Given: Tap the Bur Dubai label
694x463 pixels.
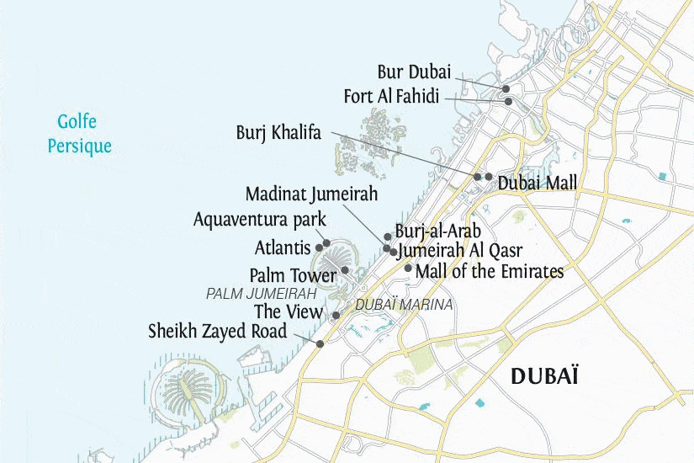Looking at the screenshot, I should (x=414, y=72).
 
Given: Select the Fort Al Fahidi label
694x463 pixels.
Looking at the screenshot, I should (x=391, y=97).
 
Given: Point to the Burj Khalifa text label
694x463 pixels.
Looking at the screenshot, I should (x=278, y=133).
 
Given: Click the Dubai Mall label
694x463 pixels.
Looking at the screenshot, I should (x=538, y=181).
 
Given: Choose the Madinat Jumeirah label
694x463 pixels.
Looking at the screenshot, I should (x=311, y=194).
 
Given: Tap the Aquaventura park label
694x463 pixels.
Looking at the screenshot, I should (x=259, y=220).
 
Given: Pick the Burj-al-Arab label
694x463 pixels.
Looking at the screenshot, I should (x=437, y=231).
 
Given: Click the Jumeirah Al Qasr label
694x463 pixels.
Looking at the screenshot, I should (x=460, y=250).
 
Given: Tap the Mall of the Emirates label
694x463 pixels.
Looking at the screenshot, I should (x=489, y=270).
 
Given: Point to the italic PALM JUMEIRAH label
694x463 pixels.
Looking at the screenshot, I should (x=261, y=294).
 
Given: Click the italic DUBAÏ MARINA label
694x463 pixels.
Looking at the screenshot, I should (x=404, y=304).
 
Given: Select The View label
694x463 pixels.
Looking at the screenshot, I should (x=289, y=312).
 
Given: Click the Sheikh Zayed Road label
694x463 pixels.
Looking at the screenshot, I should (x=218, y=331).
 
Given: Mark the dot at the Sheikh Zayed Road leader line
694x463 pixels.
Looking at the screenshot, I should (x=320, y=343).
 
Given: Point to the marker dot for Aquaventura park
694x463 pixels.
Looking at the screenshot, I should (x=326, y=242).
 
